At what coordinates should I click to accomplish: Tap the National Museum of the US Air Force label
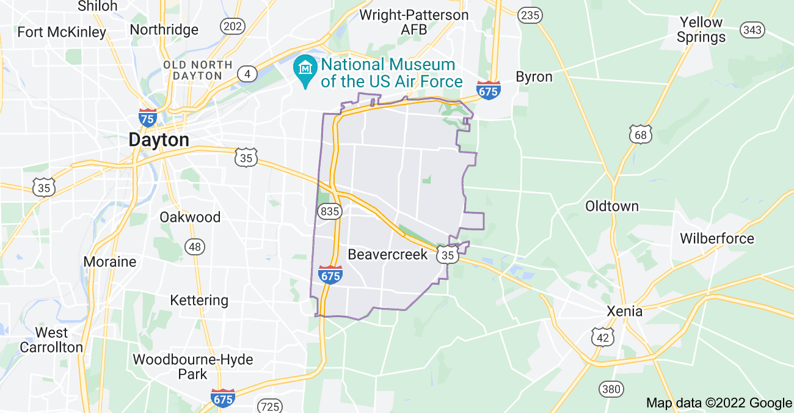pos(388,73)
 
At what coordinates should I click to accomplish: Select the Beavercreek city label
pos(388,254)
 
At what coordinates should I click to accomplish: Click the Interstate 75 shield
pos(148,117)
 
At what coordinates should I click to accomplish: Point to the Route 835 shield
pos(329,211)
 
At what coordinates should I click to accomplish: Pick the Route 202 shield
pos(232,26)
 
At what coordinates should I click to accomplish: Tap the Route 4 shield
pos(247,74)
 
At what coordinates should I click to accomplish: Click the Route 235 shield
pos(530,16)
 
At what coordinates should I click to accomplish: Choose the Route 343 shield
pos(751,29)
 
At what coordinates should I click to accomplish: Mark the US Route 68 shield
pos(641,134)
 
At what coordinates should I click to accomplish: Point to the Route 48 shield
pos(195,246)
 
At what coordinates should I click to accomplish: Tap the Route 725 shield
pos(269,406)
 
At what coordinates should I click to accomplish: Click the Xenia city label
pos(624,311)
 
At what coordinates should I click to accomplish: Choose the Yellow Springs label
pos(701,29)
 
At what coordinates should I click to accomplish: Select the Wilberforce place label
pos(717,238)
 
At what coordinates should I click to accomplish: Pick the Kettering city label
pos(199,300)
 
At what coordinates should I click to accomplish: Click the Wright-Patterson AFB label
pos(413,22)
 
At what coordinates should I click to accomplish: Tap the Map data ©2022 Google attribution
pos(719,403)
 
